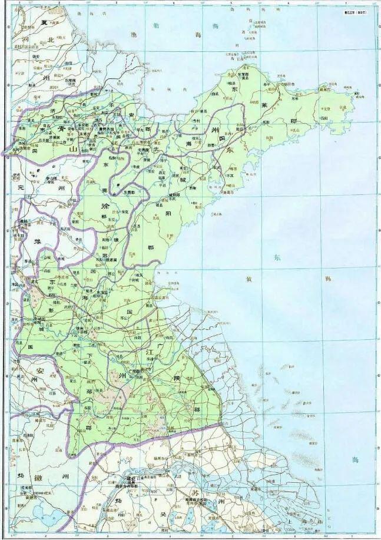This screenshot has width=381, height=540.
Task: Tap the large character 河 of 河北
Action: pyautogui.click(x=25, y=39)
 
